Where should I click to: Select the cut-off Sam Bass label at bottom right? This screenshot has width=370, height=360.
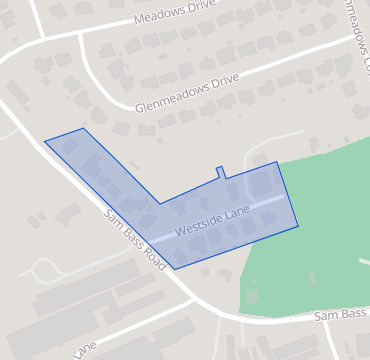click(341, 314)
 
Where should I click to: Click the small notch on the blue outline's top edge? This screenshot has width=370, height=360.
click(221, 172)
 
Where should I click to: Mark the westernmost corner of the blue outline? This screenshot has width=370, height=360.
click(45, 141)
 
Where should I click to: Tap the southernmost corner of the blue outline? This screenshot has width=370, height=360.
click(175, 269)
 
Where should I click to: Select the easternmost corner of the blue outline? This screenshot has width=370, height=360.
click(298, 226)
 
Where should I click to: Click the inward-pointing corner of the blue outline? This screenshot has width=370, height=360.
click(160, 204)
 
